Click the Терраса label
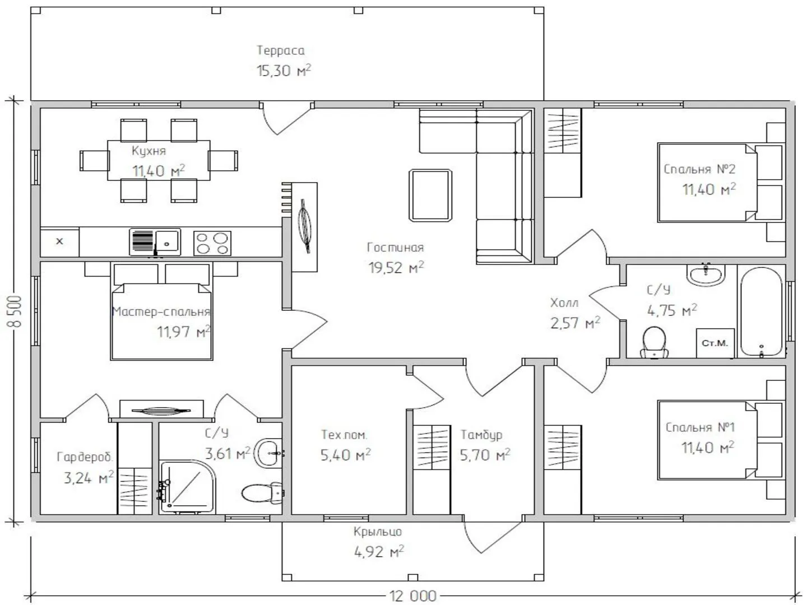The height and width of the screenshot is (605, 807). point(281,50)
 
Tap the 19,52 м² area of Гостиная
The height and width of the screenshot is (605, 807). point(396,267)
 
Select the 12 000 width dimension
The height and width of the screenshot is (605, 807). point(412,596)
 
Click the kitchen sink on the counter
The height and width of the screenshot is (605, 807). point(155,241)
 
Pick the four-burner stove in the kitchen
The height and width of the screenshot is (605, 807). point(212,243)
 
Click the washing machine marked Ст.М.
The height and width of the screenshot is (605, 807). point(715,343)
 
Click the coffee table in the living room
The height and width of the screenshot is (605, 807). point(430,196)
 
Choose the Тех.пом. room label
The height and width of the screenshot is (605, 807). point(344,435)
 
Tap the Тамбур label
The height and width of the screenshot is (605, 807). point(481,435)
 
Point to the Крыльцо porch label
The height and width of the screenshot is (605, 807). point(378,532)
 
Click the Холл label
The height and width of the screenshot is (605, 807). point(564,303)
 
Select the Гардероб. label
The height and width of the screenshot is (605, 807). point(85,457)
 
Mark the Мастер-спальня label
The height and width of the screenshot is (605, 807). point(161,311)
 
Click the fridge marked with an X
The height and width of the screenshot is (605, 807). point(59,241)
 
